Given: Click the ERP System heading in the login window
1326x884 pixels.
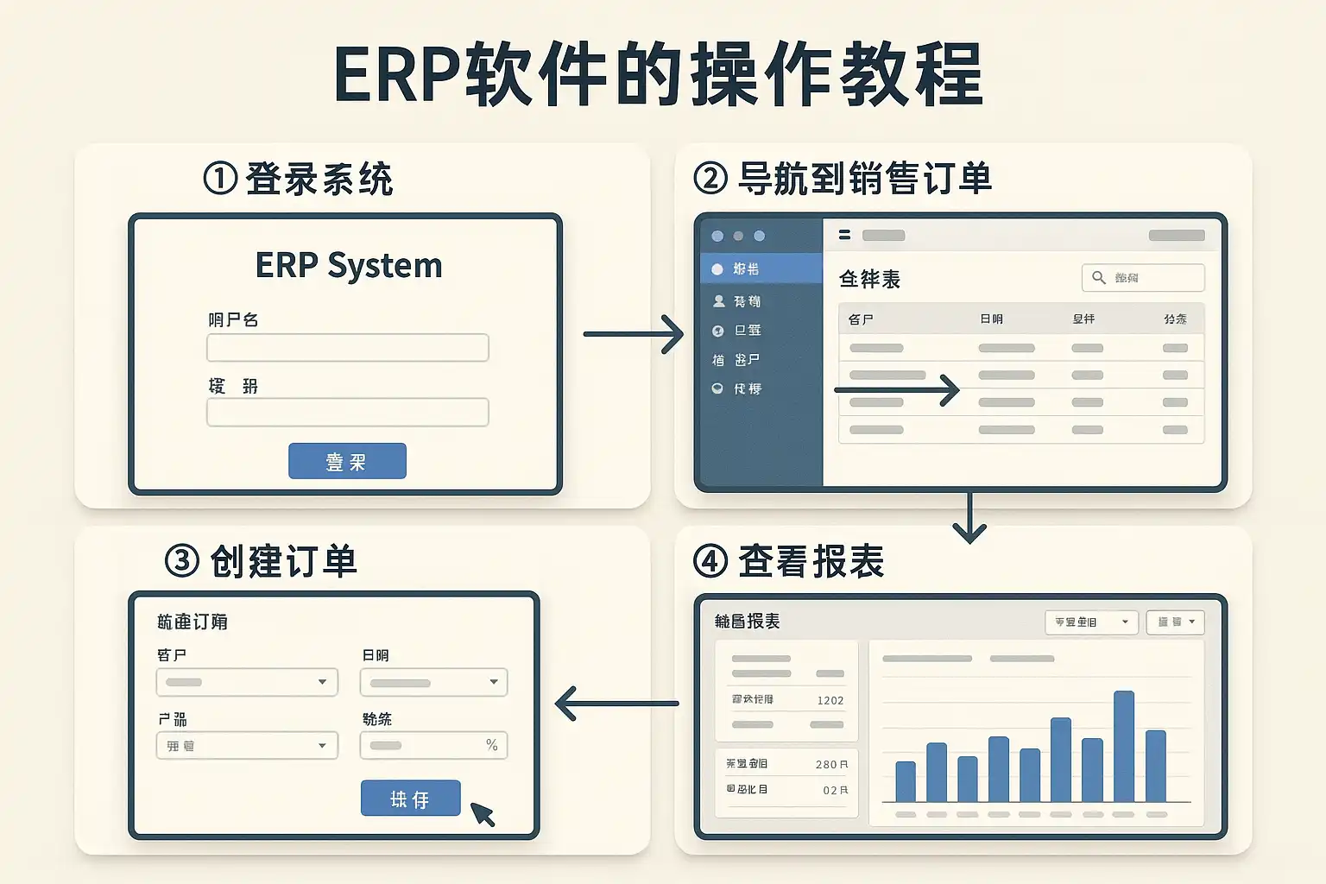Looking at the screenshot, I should click(349, 265).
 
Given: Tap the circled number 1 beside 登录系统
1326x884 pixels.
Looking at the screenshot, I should click(220, 179).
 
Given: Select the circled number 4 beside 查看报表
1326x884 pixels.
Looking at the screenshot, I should click(710, 562).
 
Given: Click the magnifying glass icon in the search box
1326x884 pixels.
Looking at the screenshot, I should click(1099, 277).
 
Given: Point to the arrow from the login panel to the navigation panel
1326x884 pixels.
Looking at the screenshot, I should click(634, 334).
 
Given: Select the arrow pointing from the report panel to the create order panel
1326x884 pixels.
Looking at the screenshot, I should click(616, 704).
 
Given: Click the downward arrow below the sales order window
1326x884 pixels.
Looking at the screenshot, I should click(969, 519).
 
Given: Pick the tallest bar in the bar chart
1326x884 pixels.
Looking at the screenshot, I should click(1124, 746).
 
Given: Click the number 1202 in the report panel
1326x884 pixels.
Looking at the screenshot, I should click(830, 700).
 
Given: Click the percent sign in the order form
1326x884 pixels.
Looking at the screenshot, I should click(492, 745).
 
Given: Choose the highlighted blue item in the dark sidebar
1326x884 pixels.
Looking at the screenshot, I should click(761, 268).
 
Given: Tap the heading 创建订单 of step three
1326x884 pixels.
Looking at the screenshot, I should click(283, 562).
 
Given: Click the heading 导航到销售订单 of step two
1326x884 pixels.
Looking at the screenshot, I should click(864, 179).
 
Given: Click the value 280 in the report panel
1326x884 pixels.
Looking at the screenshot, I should click(826, 764).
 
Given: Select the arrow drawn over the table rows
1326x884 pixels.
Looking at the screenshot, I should click(897, 390).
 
